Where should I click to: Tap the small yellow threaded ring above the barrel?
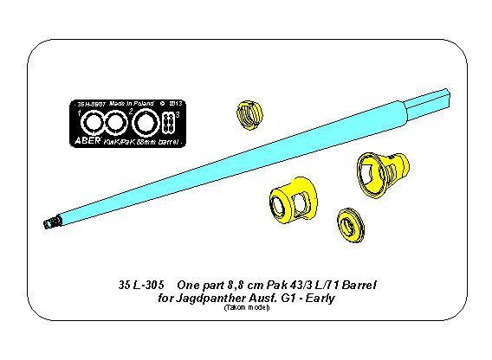tap(248, 113)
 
